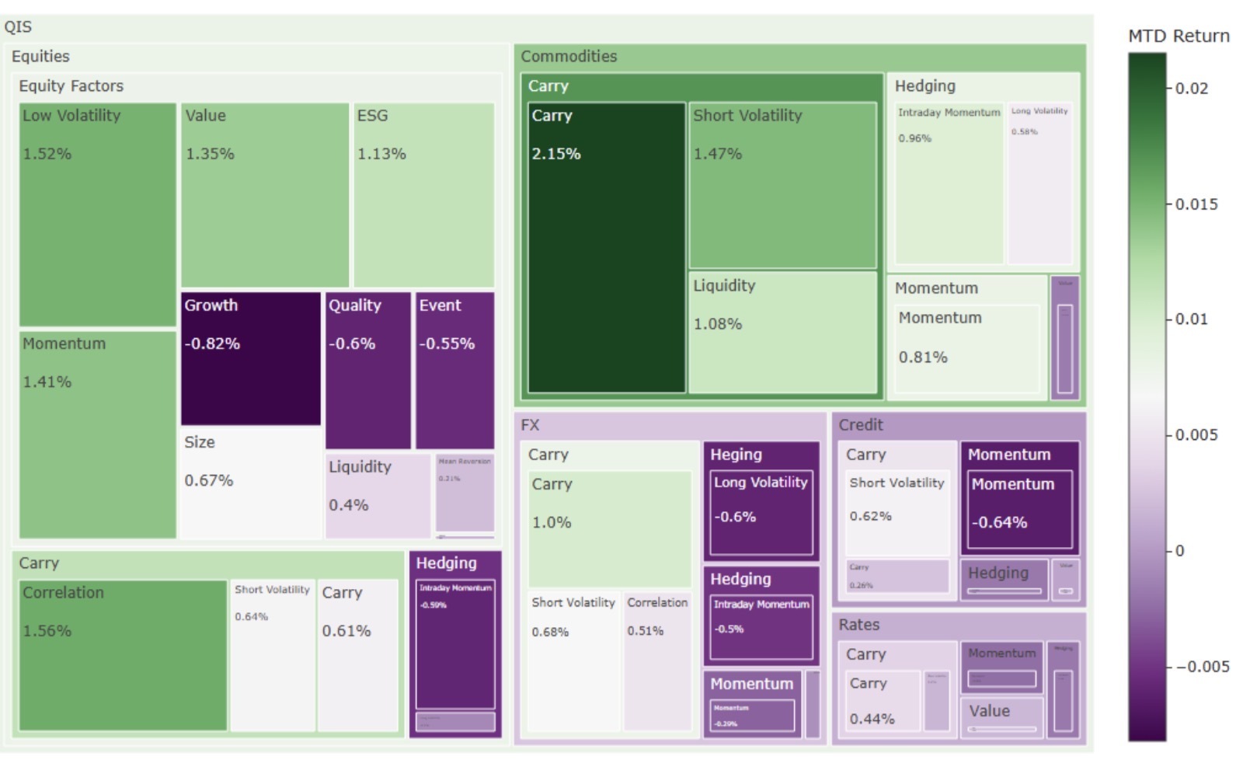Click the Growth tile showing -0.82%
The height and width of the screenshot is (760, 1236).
[250, 358]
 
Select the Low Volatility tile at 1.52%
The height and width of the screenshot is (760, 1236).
[97, 214]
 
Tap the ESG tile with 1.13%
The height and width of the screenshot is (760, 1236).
[423, 195]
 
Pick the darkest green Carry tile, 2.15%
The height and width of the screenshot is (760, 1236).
[606, 247]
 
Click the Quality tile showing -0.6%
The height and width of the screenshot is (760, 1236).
[367, 370]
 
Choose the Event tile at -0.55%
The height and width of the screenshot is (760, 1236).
[454, 370]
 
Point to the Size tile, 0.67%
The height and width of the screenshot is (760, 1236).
[250, 483]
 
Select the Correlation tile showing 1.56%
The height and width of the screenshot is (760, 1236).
[123, 655]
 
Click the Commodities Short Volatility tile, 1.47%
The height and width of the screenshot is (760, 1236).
[782, 186]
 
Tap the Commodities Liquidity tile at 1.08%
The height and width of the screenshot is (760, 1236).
[782, 332]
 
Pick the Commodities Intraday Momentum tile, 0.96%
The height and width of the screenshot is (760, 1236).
[949, 183]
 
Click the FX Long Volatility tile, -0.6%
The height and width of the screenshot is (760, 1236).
[761, 512]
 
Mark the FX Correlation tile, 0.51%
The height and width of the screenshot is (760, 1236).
[657, 661]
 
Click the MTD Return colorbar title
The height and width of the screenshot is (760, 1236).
[1178, 36]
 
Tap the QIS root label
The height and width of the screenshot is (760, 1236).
[18, 27]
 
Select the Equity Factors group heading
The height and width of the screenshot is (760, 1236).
[71, 86]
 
